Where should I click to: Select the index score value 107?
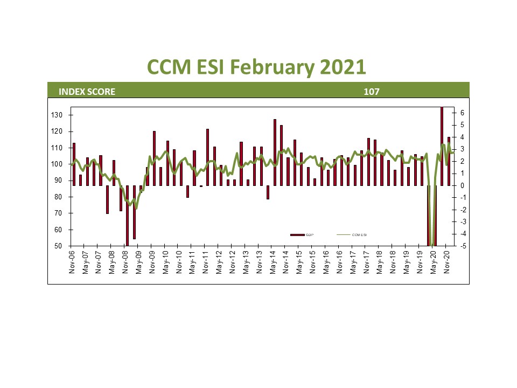coord(372,92)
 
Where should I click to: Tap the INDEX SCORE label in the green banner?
coord(87,92)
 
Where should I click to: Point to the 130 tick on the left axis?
coord(58,115)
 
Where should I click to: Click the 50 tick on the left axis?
coord(60,246)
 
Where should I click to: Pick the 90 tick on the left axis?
coord(60,181)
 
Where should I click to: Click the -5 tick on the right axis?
coord(462,246)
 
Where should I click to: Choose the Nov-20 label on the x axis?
coord(446,262)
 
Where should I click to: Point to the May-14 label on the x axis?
coord(273,262)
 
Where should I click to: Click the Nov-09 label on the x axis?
coord(153,262)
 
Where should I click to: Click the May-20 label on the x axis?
coord(433,262)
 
